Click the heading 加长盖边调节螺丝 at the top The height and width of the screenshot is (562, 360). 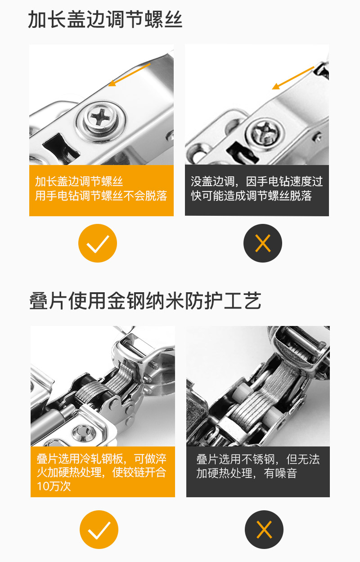[105, 20]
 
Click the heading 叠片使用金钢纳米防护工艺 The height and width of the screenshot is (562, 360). [145, 301]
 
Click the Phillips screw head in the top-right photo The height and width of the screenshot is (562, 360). [264, 131]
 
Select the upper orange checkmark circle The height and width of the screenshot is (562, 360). [98, 243]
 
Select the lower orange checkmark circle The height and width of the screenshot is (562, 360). [99, 529]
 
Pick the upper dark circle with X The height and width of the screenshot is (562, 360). [263, 243]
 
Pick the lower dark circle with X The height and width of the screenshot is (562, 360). [264, 529]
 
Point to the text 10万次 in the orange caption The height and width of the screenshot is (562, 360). [54, 486]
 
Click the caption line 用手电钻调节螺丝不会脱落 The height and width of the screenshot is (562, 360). [101, 196]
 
